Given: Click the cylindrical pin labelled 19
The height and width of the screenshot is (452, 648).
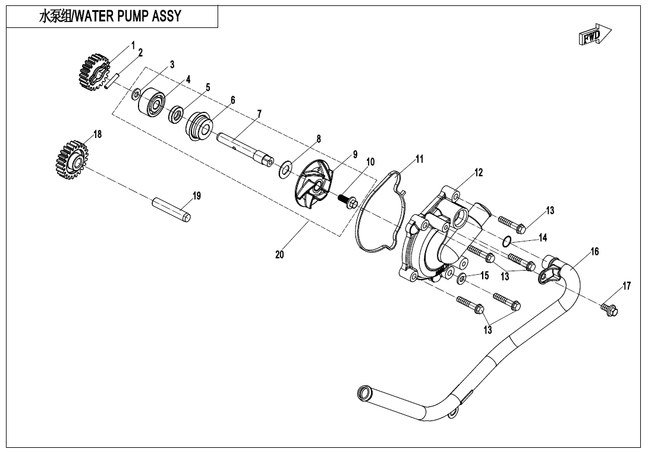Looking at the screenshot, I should (x=171, y=210).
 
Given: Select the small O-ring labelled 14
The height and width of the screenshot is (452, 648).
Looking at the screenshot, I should (x=506, y=241).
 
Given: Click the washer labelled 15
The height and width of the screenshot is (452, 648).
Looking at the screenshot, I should (x=462, y=278).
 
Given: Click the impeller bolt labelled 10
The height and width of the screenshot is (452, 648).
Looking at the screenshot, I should (x=348, y=202).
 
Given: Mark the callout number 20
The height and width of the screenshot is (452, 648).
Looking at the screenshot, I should (x=279, y=255).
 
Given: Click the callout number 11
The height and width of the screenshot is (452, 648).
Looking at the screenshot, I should (x=420, y=159).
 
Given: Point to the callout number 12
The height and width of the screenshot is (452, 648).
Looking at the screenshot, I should (x=479, y=173).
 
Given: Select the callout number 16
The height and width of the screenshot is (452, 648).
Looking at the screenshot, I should (x=594, y=252).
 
